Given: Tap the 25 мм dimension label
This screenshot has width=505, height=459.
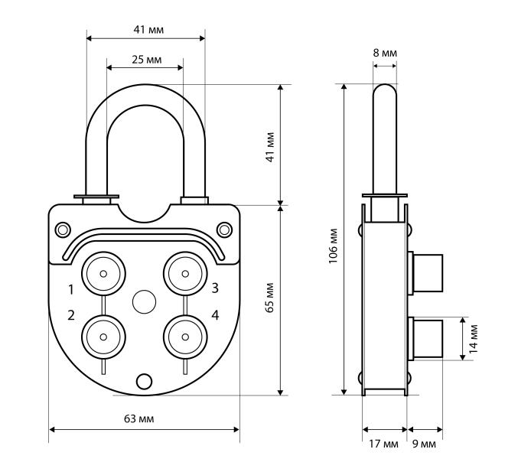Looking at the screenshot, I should pos(145,59).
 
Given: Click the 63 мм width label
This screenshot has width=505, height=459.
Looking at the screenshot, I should pos(145,420).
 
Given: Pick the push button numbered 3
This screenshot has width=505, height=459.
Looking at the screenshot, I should pos(184,272).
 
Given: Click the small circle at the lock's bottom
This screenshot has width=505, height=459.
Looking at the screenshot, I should pos(143,380).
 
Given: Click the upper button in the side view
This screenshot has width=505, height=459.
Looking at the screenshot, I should pos(426,272).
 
